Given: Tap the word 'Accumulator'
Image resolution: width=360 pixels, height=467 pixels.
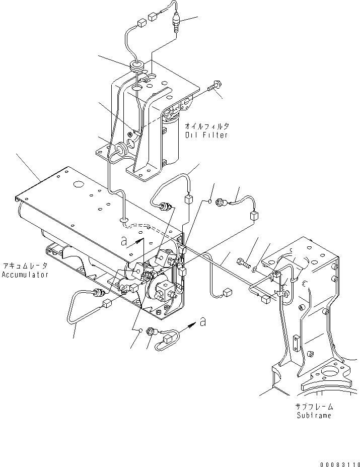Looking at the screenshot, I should click(25, 275).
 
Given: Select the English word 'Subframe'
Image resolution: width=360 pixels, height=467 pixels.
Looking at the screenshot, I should click(313, 416).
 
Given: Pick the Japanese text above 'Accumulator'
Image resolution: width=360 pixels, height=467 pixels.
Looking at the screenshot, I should click(25, 266).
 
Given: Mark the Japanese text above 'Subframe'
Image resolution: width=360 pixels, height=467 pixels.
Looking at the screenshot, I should click(314, 407).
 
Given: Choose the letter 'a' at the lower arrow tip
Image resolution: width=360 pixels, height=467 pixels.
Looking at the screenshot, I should click(202, 321).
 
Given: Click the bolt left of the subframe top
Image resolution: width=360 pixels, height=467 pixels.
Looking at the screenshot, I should click(243, 262).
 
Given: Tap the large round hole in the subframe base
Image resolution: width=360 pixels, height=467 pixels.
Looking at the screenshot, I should click(331, 373).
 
